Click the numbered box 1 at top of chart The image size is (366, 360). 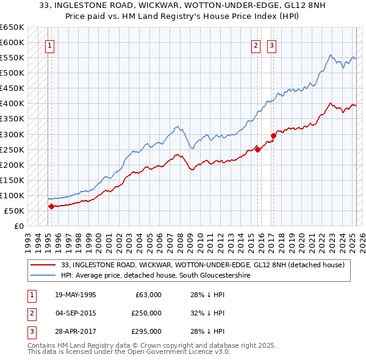click(x=48, y=45)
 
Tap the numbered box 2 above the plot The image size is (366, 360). click(x=256, y=45)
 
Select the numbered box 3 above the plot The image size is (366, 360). click(x=271, y=45)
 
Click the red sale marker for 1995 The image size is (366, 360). click(x=51, y=206)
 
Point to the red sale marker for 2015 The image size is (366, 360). click(x=258, y=149)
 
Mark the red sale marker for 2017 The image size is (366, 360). click(x=273, y=135)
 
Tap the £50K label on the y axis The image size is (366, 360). click(x=14, y=211)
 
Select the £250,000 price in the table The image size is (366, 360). click(x=146, y=313)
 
